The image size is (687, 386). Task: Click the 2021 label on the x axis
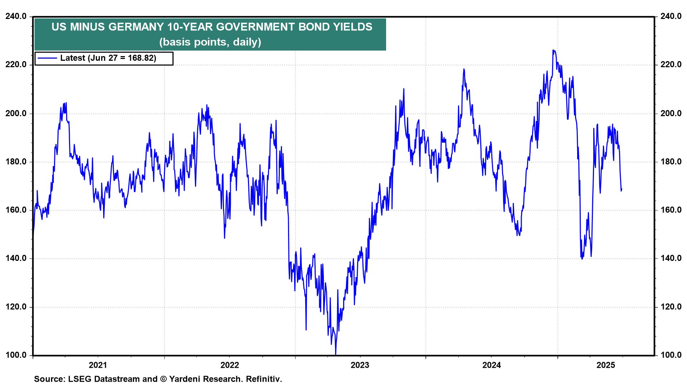pos(98,365)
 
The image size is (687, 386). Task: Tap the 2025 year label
pos(606,365)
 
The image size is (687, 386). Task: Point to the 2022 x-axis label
pos(229,365)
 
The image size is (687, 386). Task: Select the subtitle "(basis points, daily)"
pos(210,42)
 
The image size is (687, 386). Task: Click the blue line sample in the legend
pos(47,58)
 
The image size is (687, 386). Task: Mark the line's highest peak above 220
pos(553,50)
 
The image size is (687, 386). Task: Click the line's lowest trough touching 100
pos(336,354)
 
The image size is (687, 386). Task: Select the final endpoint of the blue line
pos(622,189)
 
